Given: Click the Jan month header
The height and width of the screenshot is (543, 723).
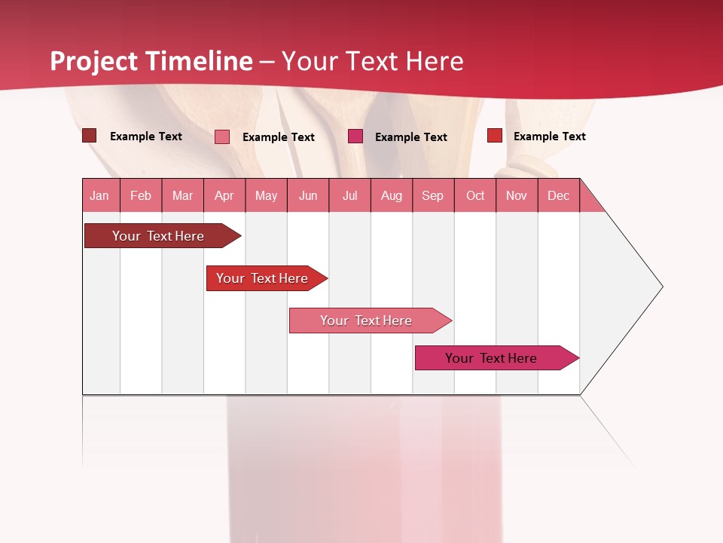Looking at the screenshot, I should tap(100, 195).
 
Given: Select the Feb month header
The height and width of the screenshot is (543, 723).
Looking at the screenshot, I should tap(141, 195).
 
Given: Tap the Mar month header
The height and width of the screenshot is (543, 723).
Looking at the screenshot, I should tap(182, 195).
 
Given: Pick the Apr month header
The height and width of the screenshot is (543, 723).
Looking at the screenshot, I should tap(224, 195).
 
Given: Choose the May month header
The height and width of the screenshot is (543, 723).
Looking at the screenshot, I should tap(266, 195).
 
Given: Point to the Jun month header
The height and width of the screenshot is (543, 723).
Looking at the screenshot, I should tap(308, 195).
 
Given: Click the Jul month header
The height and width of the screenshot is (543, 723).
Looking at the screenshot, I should tap(349, 195).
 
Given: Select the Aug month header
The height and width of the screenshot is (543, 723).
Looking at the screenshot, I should tap(392, 195).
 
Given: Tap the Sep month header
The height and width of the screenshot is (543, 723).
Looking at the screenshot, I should tap(433, 195).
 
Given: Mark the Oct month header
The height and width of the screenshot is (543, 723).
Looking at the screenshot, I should tap(475, 195).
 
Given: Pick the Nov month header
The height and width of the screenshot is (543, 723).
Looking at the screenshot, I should tap(517, 195).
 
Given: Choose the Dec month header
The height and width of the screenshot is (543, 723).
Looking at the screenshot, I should tap(558, 195).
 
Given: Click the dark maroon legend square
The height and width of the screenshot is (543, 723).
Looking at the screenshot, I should tap(89, 136).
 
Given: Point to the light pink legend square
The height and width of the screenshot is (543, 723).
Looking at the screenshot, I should tap(222, 137).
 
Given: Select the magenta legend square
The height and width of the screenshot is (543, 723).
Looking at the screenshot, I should tap(355, 137).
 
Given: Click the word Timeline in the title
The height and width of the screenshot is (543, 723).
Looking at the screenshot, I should tap(200, 61).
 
